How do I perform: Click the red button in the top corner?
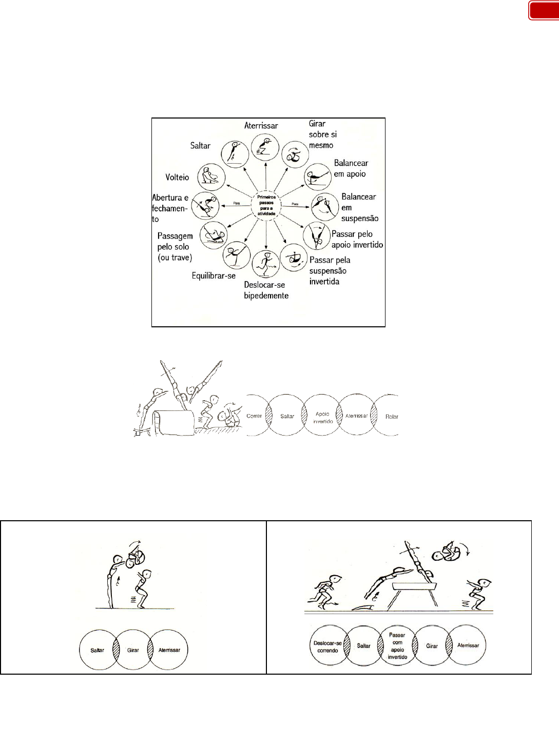pyautogui.click(x=544, y=11)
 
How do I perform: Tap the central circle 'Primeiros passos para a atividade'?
pyautogui.click(x=266, y=205)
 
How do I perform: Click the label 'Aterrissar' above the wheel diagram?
pyautogui.click(x=261, y=126)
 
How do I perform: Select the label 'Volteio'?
pyautogui.click(x=177, y=177)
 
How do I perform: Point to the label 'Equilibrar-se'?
pyautogui.click(x=214, y=276)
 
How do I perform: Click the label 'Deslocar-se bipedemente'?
pyautogui.click(x=266, y=290)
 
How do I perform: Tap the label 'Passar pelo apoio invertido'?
pyautogui.click(x=357, y=240)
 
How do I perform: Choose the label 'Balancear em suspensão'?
pyautogui.click(x=359, y=207)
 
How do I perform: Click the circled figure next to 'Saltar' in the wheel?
pyautogui.click(x=235, y=153)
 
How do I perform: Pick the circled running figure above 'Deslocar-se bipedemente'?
pyautogui.click(x=266, y=264)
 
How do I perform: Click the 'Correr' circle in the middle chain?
pyautogui.click(x=255, y=416)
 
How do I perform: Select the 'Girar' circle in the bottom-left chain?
pyautogui.click(x=133, y=650)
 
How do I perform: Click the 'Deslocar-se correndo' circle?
pyautogui.click(x=327, y=646)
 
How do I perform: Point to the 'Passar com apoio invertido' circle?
pyautogui.click(x=397, y=646)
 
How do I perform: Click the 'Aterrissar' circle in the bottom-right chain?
pyautogui.click(x=468, y=645)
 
